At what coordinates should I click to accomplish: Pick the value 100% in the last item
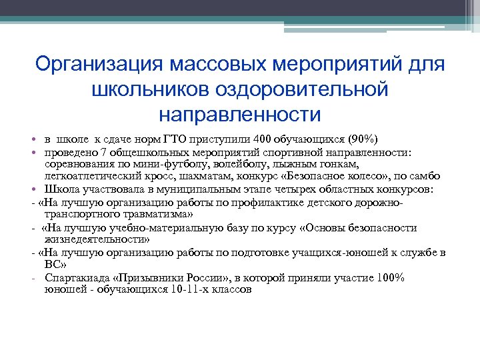click(391, 278)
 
